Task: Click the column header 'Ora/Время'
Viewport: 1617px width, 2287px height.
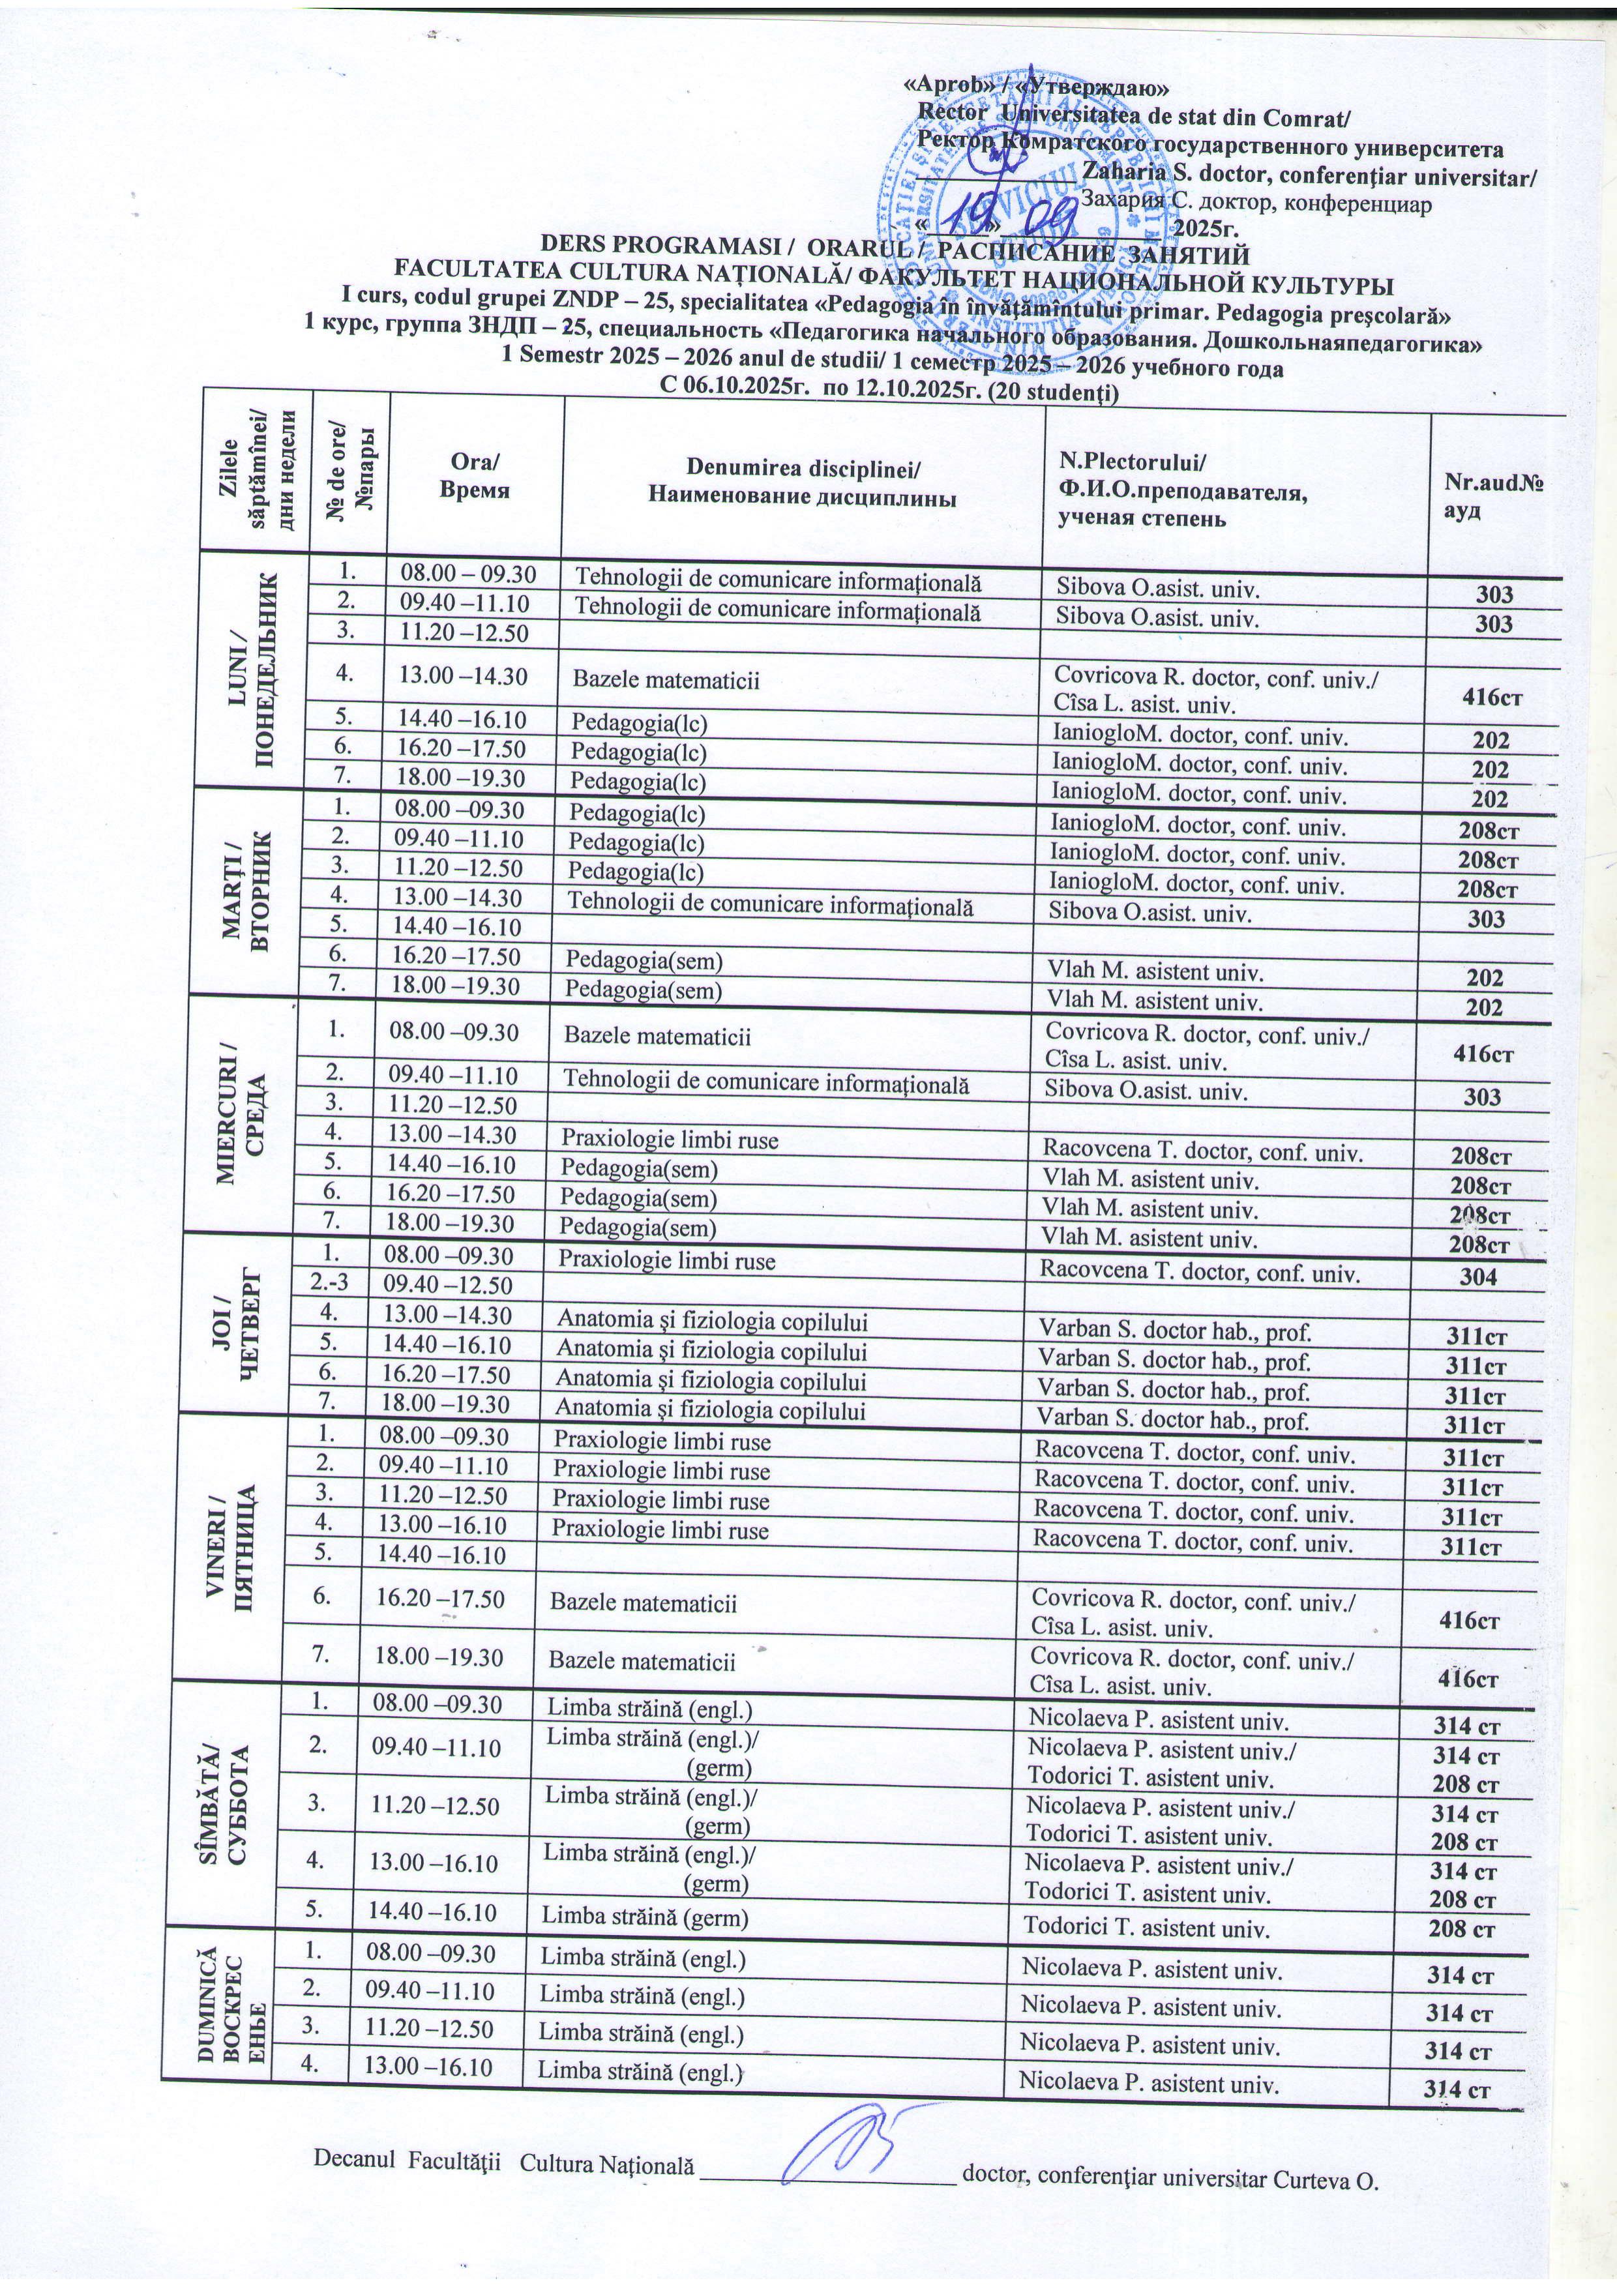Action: pos(476,476)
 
